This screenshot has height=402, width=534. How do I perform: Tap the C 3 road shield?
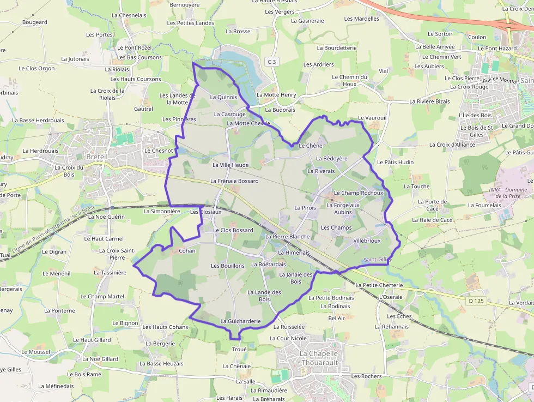[x=272, y=62]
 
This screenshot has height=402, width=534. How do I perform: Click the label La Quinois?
[x=223, y=97]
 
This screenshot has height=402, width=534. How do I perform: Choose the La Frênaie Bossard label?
[x=234, y=181]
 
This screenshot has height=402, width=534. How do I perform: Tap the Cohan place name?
[x=187, y=251]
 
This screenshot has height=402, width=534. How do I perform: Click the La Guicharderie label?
[x=240, y=321]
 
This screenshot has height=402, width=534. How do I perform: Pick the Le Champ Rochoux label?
[x=358, y=193]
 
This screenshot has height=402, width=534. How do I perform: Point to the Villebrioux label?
[x=367, y=241]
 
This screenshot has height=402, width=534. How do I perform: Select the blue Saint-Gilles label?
[x=377, y=260]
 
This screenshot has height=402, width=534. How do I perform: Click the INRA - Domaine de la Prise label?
[x=504, y=193]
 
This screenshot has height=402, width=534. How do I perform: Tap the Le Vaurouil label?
[x=372, y=118]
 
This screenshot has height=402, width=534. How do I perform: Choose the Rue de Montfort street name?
[x=501, y=81]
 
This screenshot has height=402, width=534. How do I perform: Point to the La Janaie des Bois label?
[x=295, y=278]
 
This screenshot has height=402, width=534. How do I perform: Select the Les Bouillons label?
[x=228, y=266]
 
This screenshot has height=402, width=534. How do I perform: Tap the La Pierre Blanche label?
[x=287, y=237]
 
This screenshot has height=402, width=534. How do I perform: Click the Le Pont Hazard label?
[x=497, y=49]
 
